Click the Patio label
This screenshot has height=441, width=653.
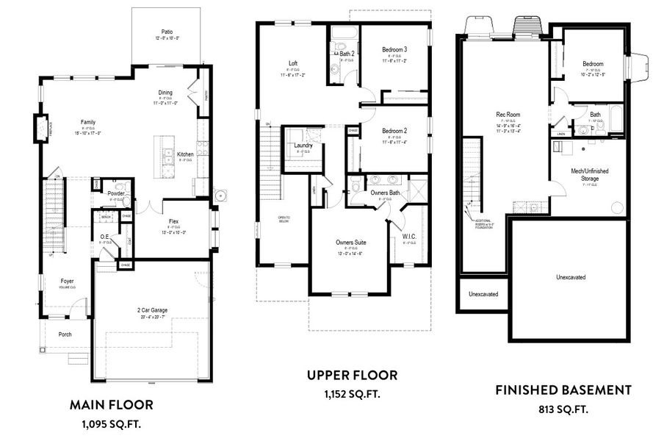tap(167, 32)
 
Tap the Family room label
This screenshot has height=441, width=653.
tap(87, 122)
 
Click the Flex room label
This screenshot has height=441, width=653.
tap(173, 220)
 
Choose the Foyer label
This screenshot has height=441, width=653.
tap(67, 281)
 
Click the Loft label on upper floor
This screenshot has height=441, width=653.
tap(292, 63)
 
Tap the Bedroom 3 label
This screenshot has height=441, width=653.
tap(394, 49)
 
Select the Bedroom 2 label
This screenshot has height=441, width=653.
tap(394, 131)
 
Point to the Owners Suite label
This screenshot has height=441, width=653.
tap(350, 242)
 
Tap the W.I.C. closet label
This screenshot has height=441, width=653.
tap(410, 237)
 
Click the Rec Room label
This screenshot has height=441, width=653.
tap(508, 114)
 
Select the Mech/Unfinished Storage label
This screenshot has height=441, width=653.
tap(589, 173)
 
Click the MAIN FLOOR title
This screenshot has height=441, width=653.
tap(111, 404)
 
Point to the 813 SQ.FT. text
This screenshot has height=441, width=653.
tap(563, 409)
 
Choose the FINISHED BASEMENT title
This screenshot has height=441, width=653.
tap(563, 390)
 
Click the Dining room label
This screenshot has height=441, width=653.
tap(166, 93)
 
